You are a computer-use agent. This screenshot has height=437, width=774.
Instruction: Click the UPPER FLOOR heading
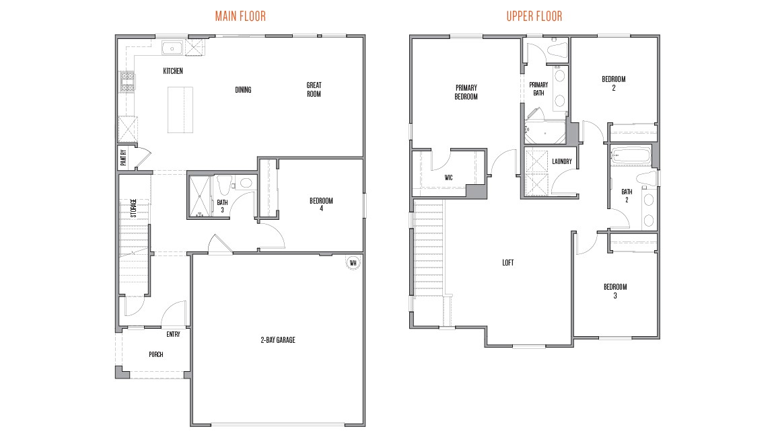534,15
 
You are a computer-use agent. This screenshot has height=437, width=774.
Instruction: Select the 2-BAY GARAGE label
278,340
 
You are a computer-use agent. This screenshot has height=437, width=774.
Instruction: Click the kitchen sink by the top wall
172,48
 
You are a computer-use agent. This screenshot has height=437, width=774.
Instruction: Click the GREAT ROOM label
314,89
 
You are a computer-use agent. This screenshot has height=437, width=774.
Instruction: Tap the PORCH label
155,354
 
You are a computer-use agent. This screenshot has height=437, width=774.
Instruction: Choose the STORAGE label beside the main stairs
133,208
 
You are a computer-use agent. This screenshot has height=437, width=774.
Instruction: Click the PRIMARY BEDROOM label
466,92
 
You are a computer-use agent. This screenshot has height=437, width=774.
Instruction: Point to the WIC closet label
448,178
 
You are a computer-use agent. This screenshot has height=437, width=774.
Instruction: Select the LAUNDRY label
561,161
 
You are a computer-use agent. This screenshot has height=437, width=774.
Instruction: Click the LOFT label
507,263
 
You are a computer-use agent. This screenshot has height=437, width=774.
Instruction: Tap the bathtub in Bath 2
631,157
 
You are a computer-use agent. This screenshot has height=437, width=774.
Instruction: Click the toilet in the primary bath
557,50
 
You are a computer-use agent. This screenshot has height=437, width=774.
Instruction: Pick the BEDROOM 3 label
614,291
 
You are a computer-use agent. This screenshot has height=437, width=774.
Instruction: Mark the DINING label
243,90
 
